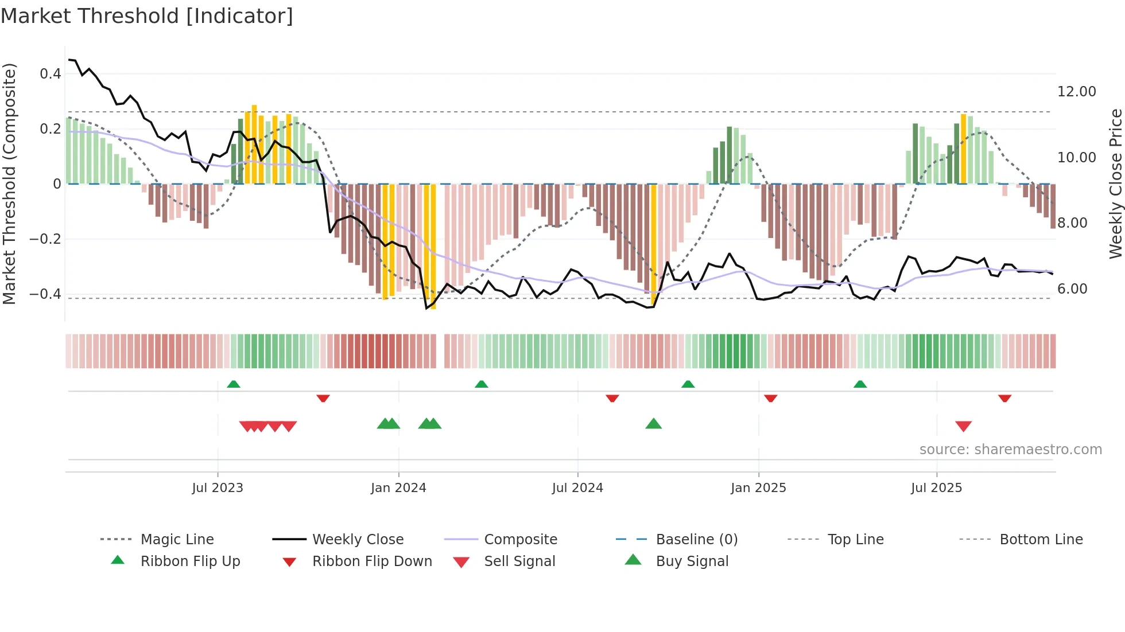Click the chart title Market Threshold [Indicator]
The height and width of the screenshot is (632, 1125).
[x=147, y=16]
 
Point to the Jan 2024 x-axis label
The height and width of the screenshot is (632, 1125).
[x=398, y=488]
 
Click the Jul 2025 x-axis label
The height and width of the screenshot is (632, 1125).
[x=936, y=488]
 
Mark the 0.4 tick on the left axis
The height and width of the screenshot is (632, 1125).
[x=51, y=74]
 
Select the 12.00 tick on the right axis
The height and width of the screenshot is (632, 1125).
[x=1076, y=92]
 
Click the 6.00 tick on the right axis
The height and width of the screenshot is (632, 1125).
[x=1072, y=289]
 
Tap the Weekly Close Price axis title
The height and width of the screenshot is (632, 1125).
[x=1115, y=184]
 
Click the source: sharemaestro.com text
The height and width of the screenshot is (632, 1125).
[x=1010, y=450]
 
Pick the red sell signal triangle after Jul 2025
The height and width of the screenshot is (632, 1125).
[x=963, y=426]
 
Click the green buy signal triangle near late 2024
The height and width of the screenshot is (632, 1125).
[x=653, y=424]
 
